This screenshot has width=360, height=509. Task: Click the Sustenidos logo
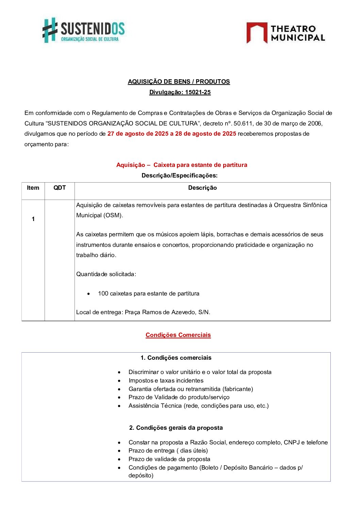(x=84, y=30)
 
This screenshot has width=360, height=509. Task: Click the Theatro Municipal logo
(x=285, y=33)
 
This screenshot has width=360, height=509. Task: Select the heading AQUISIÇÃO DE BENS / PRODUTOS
(x=179, y=82)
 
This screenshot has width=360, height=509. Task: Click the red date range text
(x=171, y=134)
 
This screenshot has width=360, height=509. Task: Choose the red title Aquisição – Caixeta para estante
(x=182, y=165)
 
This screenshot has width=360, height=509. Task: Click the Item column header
(x=33, y=188)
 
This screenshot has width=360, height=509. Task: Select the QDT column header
(x=60, y=188)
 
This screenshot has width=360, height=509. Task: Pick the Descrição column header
(x=202, y=188)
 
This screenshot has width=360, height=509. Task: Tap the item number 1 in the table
(x=33, y=219)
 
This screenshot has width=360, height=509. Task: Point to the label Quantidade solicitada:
(x=106, y=274)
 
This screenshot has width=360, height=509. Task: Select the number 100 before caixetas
(x=103, y=293)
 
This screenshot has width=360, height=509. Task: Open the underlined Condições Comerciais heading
(x=178, y=335)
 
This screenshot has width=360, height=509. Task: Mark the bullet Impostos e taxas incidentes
(x=166, y=380)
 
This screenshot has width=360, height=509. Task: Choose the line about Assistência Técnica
(x=198, y=406)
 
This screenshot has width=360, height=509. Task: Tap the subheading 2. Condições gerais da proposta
(x=176, y=428)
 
